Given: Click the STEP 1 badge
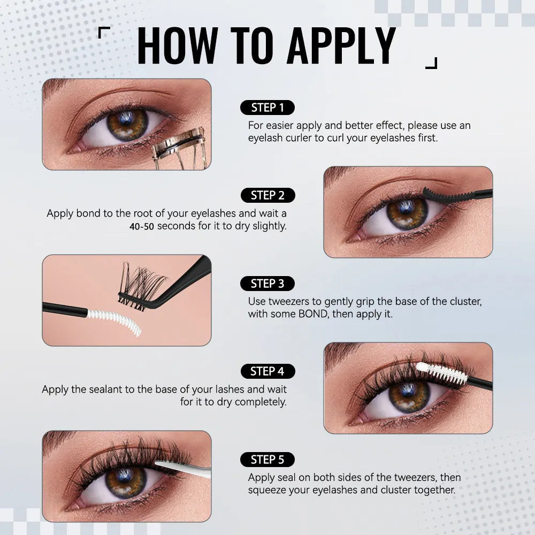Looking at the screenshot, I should pos(267,108).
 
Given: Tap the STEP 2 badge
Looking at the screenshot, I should pos(267,195).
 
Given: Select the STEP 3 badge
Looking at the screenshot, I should pos(267,284).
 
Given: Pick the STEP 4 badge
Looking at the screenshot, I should pos(267,371).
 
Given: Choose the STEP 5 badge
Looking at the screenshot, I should pos(267,459).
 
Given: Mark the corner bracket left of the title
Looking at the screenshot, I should pos(104,33).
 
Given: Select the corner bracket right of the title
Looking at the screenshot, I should pos(431,63).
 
